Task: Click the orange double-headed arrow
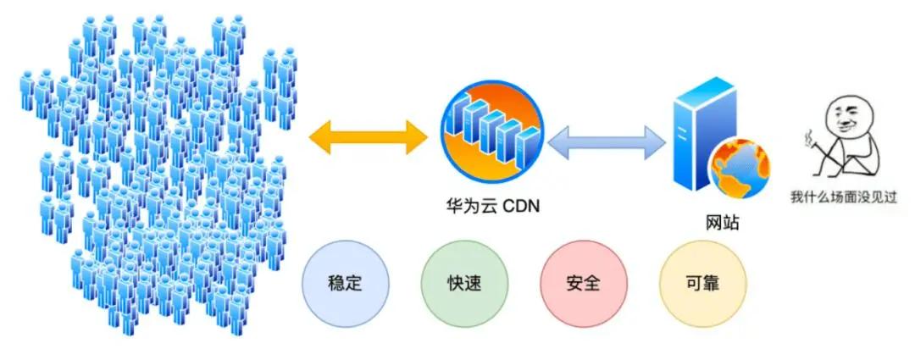[x=368, y=136]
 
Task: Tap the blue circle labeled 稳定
[x=345, y=283]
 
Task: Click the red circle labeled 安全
[x=583, y=283]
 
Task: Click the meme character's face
[x=847, y=119]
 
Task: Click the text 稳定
[x=345, y=283]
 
